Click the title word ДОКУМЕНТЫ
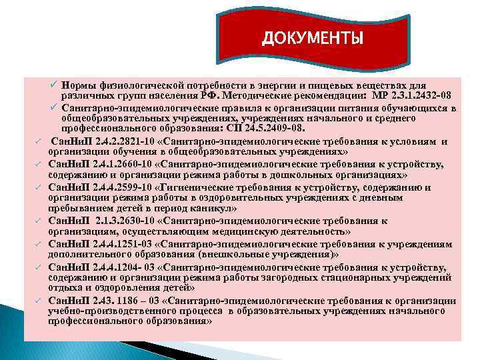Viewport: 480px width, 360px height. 313,37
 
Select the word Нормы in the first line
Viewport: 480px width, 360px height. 77,85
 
